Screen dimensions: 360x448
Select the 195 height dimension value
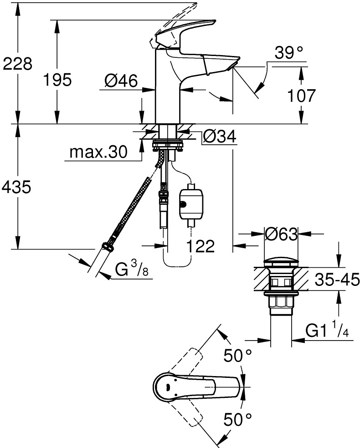[57, 80]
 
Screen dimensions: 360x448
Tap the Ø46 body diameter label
[121, 81]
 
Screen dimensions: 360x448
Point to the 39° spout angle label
[288, 53]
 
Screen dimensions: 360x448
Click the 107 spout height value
[301, 96]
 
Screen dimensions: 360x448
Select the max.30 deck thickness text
[98, 152]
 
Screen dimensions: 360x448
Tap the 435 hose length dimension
[16, 188]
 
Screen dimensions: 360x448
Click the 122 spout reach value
[201, 246]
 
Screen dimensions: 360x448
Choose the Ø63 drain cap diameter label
[281, 234]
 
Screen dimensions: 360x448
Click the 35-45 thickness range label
[337, 280]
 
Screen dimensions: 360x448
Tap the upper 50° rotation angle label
[237, 356]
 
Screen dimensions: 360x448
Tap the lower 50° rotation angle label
[237, 420]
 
